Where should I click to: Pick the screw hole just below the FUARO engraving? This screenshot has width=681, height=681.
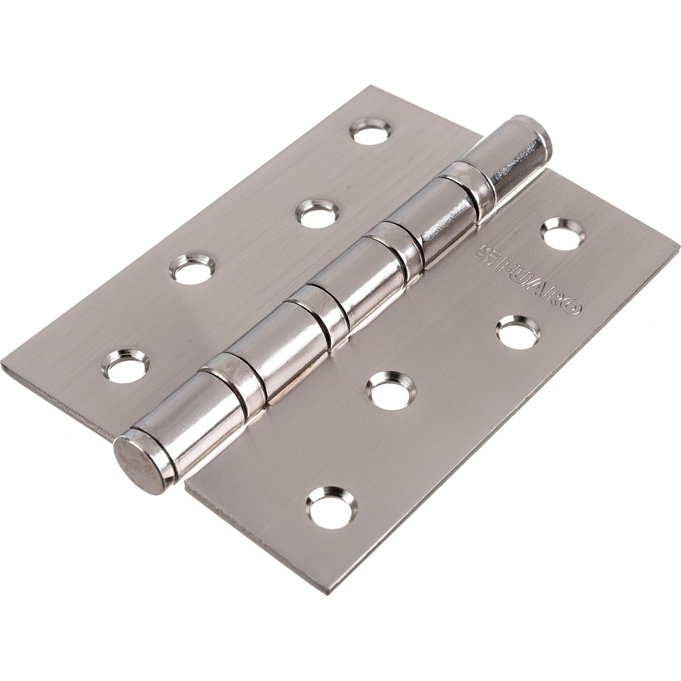tap(517, 332)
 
